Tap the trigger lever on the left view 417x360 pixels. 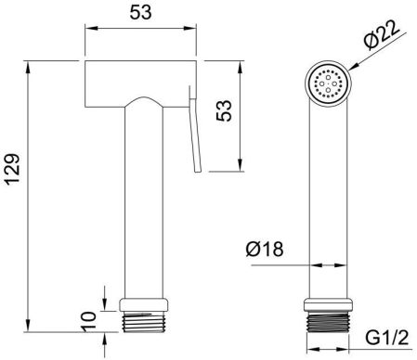tap(196, 130)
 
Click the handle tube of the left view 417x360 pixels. tap(146, 204)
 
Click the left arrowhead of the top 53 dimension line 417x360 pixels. tap(90, 30)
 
